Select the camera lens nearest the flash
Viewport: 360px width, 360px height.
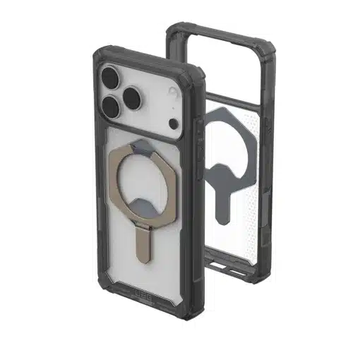click(136, 92)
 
